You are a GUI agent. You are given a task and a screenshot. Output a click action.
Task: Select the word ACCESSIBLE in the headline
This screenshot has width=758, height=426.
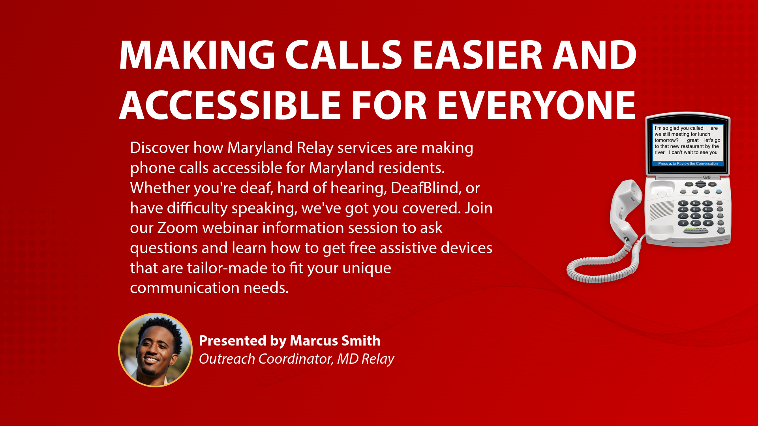point(230,105)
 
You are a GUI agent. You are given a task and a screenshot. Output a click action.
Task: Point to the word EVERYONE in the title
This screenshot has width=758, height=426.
point(536,105)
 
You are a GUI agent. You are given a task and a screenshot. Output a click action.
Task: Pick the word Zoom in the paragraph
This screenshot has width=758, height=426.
point(178,228)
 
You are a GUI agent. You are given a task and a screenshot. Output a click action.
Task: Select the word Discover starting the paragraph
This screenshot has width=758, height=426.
point(160,148)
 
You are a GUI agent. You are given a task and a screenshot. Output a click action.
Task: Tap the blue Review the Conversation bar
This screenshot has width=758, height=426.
point(688,164)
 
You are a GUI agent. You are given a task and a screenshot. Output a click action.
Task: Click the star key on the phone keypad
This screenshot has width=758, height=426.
point(683,223)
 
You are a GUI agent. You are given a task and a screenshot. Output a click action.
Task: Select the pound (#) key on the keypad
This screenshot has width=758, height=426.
point(708,223)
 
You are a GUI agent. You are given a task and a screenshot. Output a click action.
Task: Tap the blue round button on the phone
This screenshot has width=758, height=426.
point(719,191)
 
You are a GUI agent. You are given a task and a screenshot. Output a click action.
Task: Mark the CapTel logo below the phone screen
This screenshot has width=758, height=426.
point(707,177)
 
